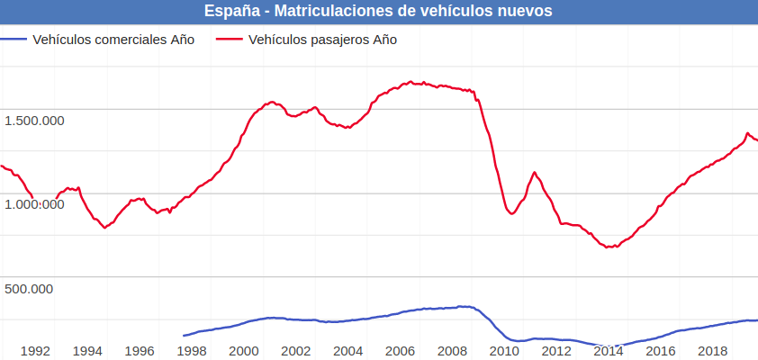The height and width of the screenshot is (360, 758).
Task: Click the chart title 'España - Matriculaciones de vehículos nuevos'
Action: pos(378,11)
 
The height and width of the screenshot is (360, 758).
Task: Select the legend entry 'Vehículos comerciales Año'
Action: pos(113,40)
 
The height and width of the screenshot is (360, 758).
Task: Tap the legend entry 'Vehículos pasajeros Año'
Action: pos(322,40)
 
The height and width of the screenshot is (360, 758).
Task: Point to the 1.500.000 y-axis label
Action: pos(34,120)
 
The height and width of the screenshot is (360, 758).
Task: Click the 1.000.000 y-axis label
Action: pos(34,204)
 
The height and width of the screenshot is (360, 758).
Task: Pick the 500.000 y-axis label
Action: pos(29,288)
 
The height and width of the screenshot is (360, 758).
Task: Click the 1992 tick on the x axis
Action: pos(34,350)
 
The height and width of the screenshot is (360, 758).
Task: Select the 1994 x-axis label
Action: pos(86,350)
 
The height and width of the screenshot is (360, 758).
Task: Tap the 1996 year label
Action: pos(140,350)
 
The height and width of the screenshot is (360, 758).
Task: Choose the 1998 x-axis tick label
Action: pos(192,350)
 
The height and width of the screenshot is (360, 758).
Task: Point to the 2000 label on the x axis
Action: pos(244,350)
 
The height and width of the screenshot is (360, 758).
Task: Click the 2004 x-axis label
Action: pos(348,350)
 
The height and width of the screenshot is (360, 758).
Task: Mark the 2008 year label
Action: pos(453,350)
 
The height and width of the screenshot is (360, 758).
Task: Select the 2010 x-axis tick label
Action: pos(505,350)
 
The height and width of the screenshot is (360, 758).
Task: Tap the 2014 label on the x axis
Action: pos(609,350)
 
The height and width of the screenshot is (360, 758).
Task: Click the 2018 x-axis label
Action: pos(713,350)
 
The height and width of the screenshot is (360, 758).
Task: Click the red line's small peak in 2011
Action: pos(535,172)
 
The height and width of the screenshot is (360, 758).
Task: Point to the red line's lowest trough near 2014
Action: pos(611,247)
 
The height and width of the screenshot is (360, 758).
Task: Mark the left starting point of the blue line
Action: pos(184,336)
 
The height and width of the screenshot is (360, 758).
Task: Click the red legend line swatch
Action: pos(230,40)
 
